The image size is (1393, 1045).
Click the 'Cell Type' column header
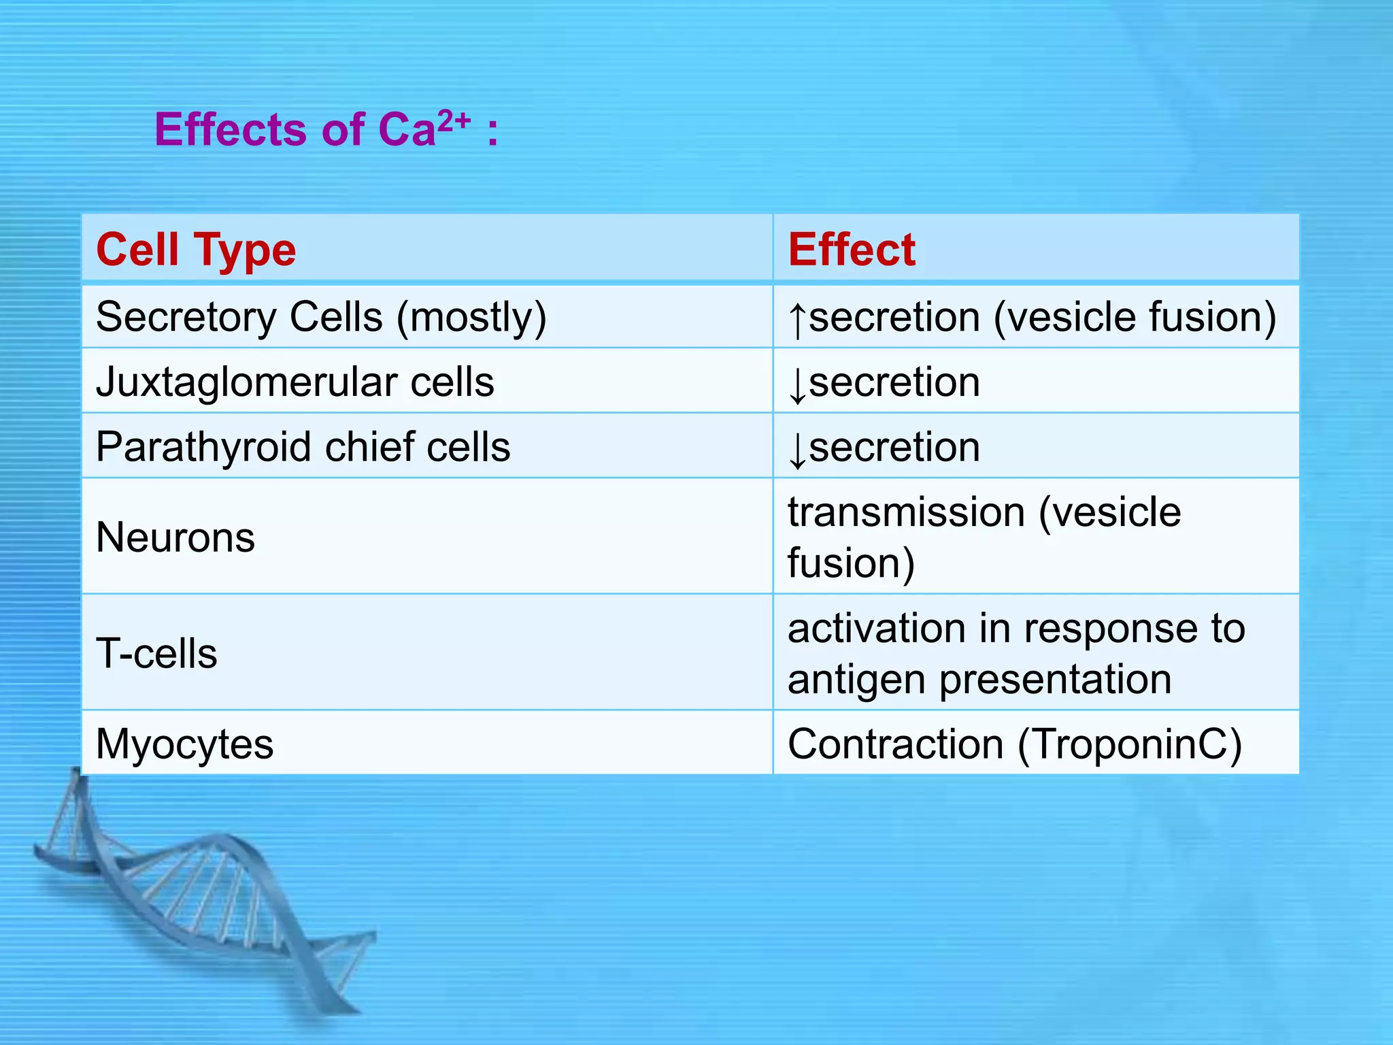point(196,250)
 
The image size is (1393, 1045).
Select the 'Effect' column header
point(852,250)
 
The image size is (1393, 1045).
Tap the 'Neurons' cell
point(175,537)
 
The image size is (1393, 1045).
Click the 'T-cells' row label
point(156,654)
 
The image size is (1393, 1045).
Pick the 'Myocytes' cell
point(184,744)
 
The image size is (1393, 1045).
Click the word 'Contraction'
point(895,744)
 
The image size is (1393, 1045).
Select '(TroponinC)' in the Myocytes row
point(1130,744)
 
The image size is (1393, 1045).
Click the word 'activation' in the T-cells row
point(876,628)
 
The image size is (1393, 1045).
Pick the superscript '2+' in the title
point(454,121)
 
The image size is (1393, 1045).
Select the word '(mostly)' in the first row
point(471,318)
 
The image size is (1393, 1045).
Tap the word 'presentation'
point(1056,680)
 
